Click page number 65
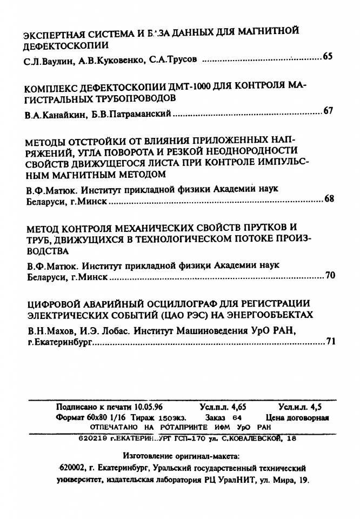(328, 57)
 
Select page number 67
(328, 111)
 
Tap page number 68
(329, 198)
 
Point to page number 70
(330, 275)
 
